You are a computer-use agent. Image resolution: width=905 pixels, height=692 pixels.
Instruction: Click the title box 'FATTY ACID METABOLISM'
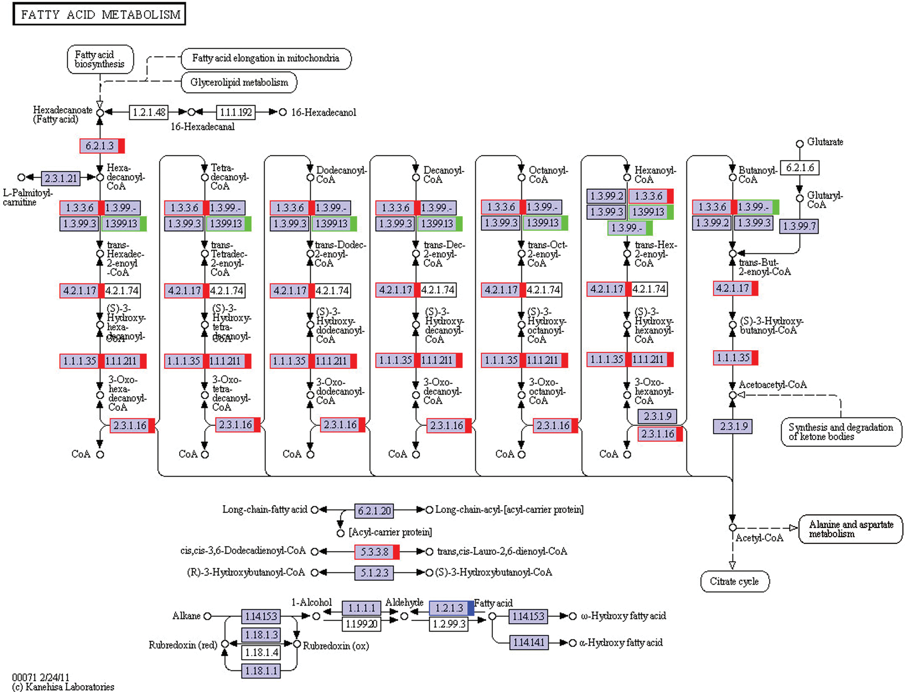click(99, 14)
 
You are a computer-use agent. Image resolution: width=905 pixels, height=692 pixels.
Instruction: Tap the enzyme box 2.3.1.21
click(61, 178)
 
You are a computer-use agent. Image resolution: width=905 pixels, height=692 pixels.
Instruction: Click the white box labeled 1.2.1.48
click(149, 112)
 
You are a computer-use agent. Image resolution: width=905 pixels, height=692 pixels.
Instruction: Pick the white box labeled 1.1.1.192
click(236, 112)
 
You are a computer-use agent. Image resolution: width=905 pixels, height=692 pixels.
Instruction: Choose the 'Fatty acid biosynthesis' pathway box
click(100, 59)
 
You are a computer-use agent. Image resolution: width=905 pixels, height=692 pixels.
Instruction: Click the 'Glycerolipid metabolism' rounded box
click(239, 83)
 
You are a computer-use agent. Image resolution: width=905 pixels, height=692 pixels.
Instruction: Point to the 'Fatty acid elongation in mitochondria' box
click(266, 58)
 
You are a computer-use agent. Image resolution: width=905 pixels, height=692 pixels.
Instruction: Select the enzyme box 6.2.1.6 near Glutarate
click(800, 167)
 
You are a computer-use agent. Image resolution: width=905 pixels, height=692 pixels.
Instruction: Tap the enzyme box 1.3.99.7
click(799, 226)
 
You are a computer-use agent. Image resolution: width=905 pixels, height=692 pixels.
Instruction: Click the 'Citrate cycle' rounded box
click(735, 582)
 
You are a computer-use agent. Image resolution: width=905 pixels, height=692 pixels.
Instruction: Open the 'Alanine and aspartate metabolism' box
click(851, 529)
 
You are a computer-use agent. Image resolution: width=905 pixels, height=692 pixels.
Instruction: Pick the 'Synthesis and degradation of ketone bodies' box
click(841, 432)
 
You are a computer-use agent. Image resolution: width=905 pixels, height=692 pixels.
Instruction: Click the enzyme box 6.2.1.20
click(374, 511)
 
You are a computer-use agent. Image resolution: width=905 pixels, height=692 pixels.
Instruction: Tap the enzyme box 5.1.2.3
click(374, 573)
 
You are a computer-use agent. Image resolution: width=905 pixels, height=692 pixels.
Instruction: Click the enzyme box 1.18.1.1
click(261, 671)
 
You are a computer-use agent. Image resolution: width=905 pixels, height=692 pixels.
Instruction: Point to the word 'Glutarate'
click(825, 142)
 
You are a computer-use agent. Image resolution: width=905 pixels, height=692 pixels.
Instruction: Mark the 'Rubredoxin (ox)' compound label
click(336, 646)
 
